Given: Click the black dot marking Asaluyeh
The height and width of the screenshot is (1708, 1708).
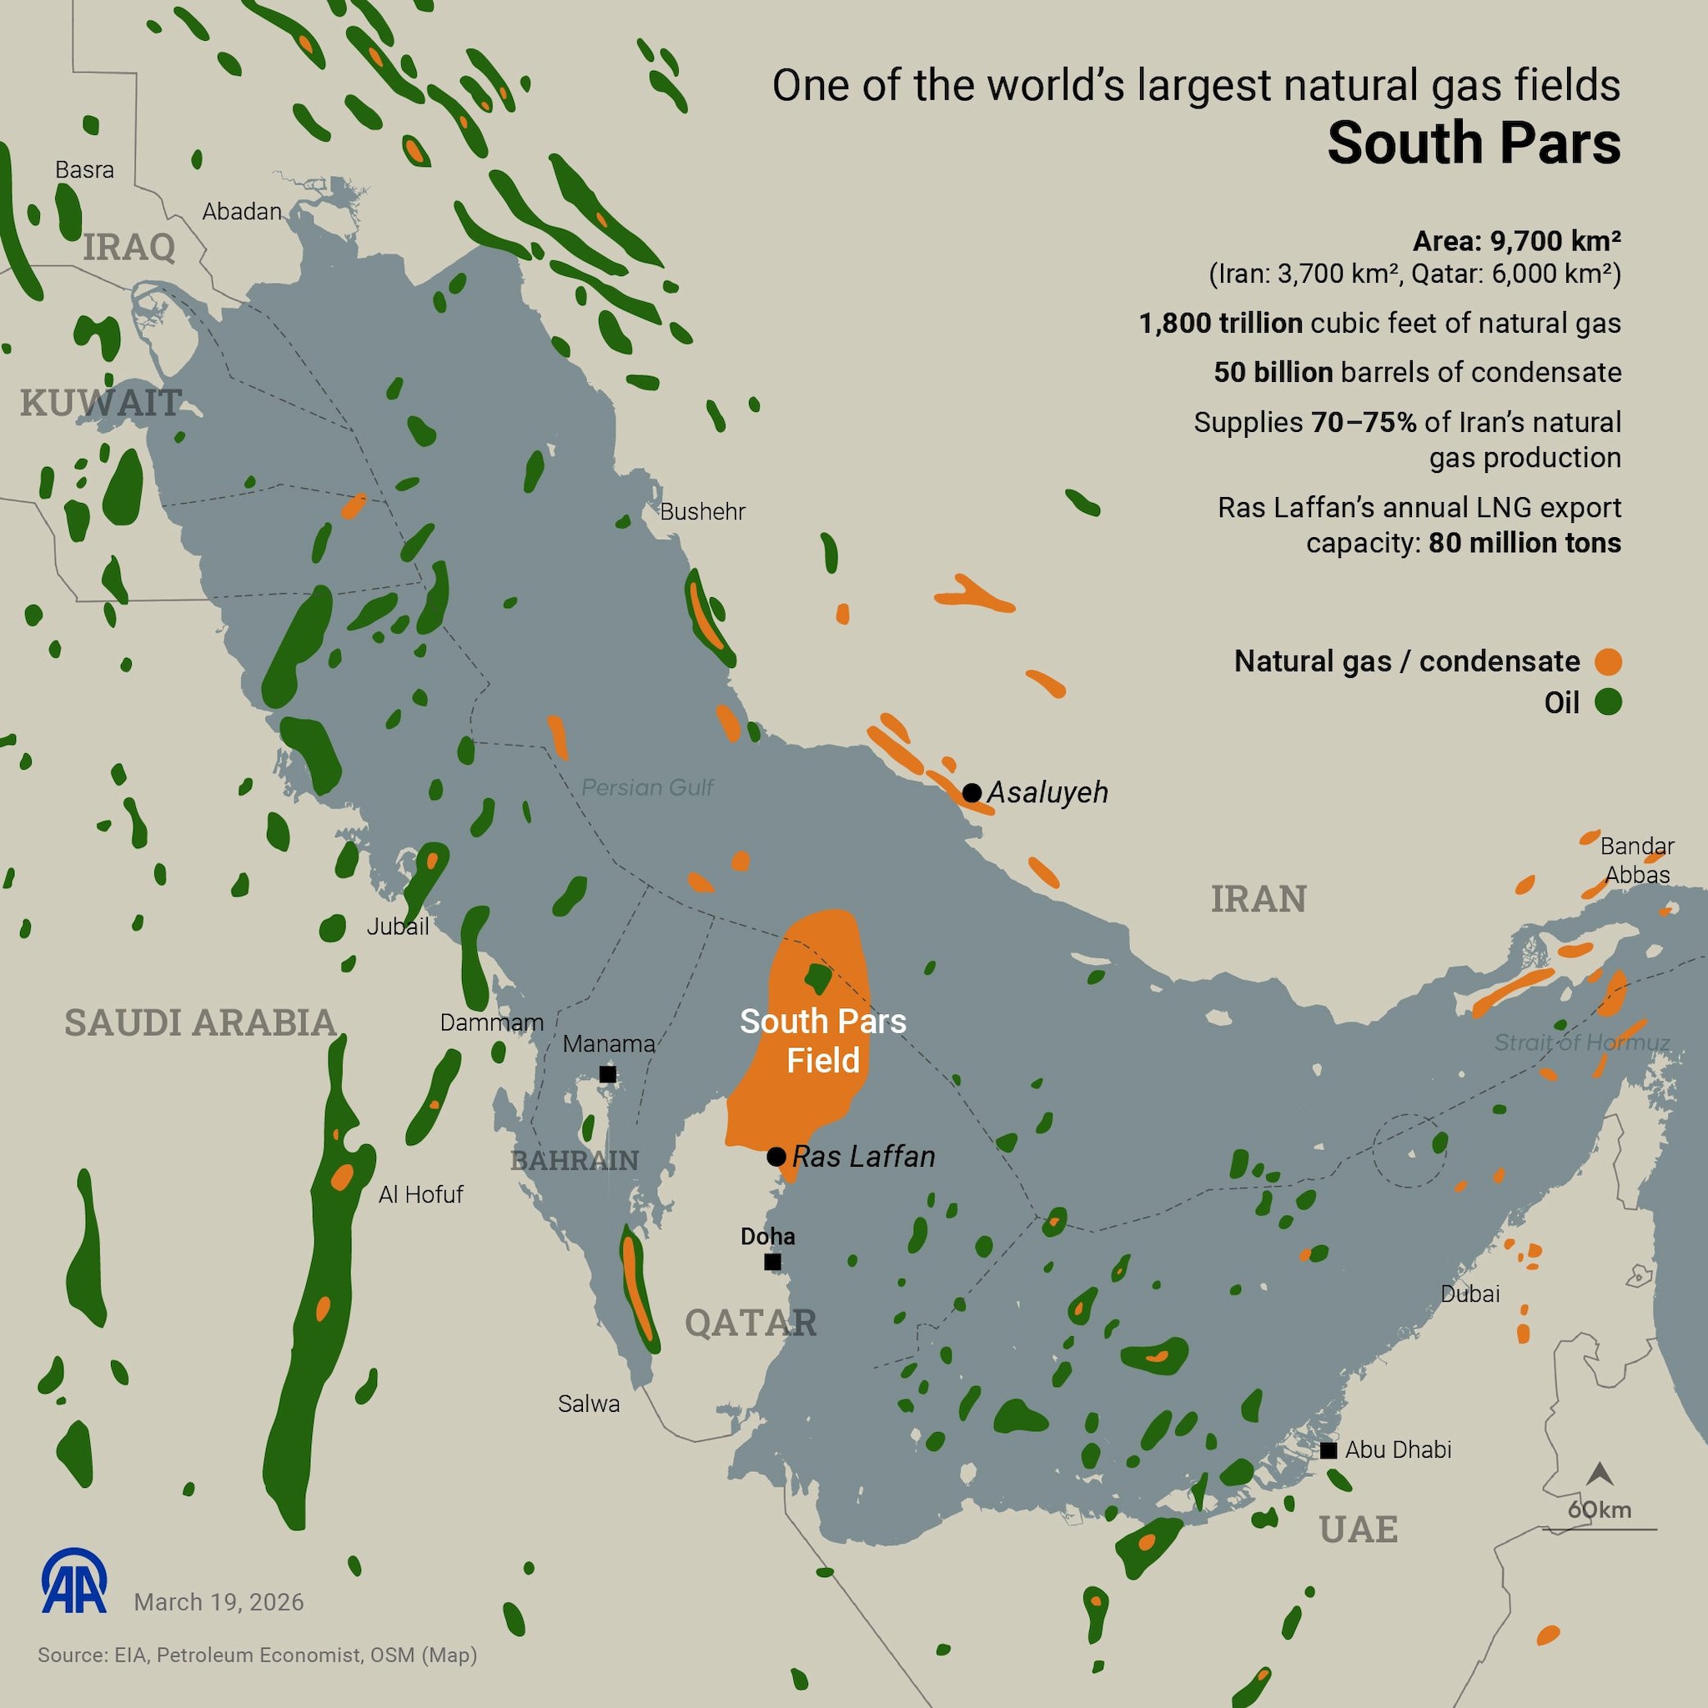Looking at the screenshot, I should pos(972,792).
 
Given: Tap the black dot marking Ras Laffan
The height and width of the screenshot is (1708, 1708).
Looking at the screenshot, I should pos(776,1157).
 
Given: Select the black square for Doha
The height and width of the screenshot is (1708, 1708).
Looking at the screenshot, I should pos(772,1263).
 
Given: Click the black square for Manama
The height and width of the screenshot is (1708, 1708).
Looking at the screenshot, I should pos(608,1074).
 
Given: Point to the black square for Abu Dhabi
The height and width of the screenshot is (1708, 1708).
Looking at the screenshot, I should pos(1329,1449).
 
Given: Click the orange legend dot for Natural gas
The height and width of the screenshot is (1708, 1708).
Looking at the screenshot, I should pos(1609,661).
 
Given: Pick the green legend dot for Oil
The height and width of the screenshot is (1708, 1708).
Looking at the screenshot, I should pos(1609,703).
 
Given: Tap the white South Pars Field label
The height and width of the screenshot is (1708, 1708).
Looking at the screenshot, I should pos(823,1041).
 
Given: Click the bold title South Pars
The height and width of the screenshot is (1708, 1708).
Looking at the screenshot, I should pos(1474,143).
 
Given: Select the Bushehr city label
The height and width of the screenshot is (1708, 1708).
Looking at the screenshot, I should pos(703,511).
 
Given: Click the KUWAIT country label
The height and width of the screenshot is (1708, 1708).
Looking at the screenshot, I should pos(101,403).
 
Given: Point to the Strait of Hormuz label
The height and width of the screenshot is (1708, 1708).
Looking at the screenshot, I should pos(1581,1042).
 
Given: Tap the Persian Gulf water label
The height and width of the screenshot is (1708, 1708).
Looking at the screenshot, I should pos(647,786).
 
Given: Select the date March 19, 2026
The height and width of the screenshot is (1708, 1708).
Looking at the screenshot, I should pos(219,1602).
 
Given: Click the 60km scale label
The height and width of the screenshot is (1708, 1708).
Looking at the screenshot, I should pos(1600,1509).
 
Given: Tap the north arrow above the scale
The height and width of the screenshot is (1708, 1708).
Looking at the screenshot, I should pos(1600,1474).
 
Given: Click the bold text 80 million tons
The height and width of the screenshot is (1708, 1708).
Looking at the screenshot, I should pos(1525,542).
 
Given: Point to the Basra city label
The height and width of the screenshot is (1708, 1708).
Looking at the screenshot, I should pos(85,170).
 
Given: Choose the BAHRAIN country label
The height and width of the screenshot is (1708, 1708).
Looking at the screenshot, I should pos(575,1160).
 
